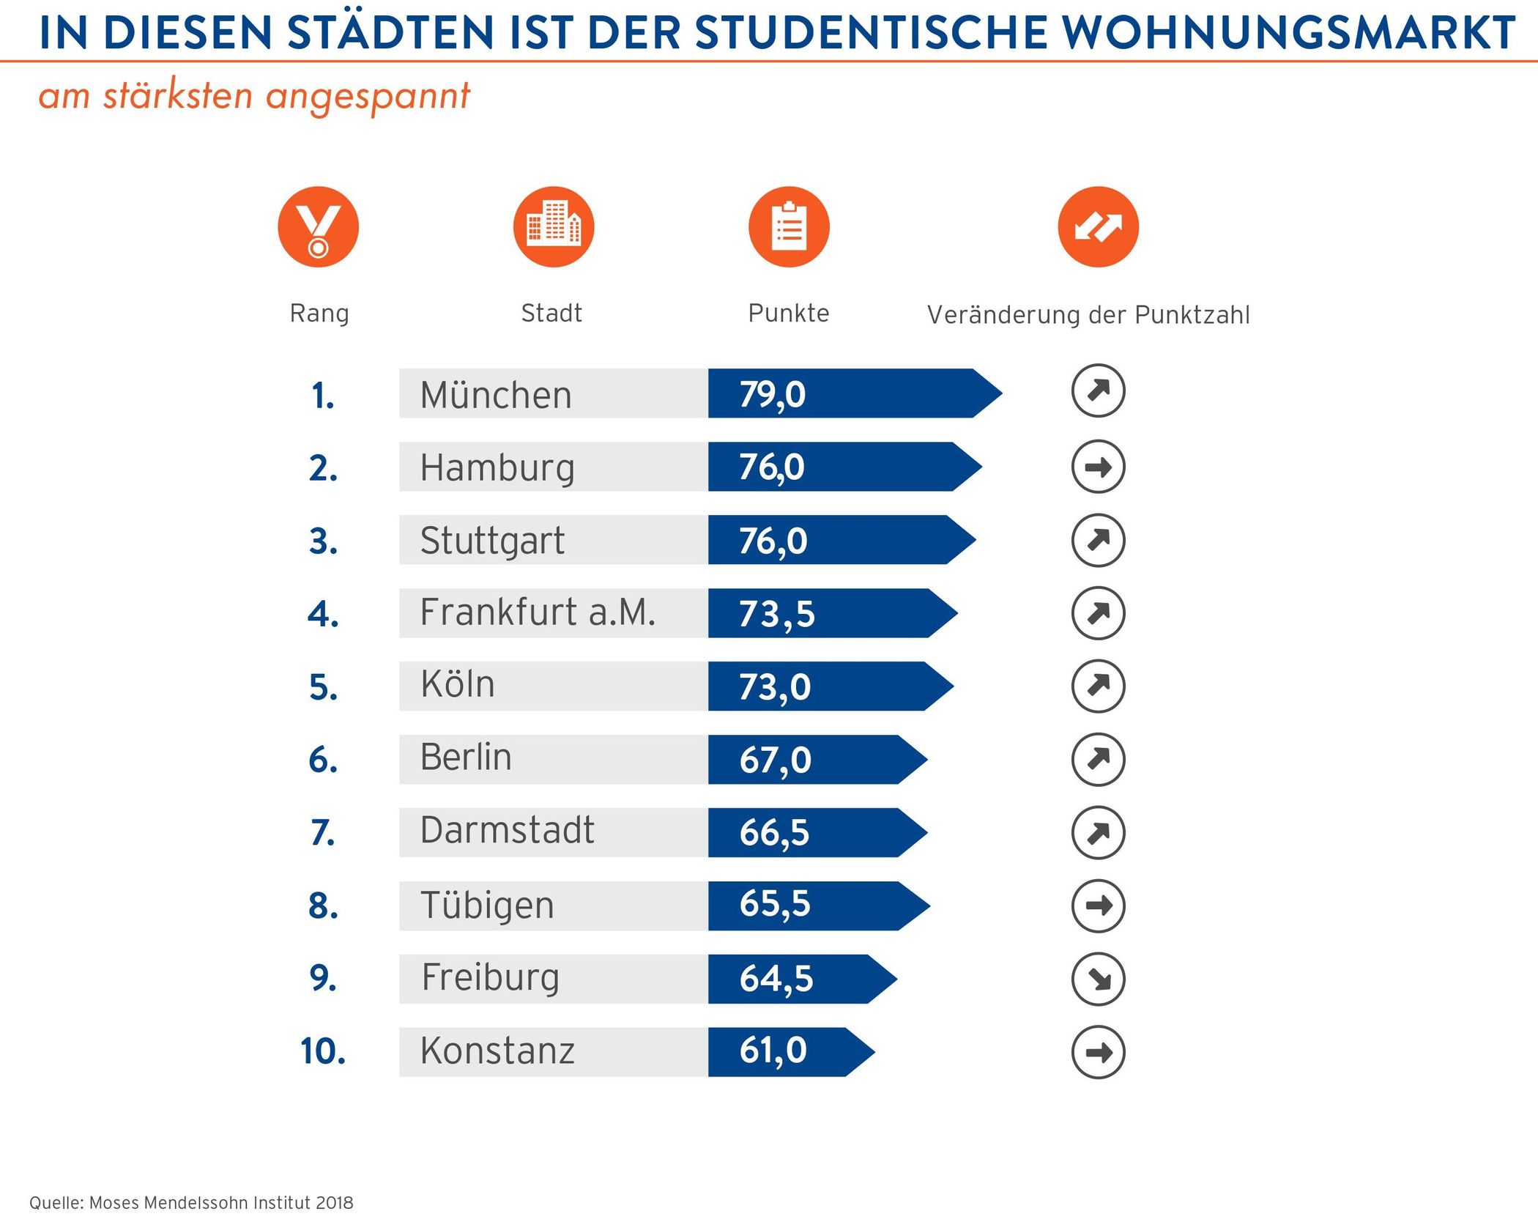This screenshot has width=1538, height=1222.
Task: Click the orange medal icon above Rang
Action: pos(318,226)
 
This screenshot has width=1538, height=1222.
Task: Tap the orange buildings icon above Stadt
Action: pos(554,226)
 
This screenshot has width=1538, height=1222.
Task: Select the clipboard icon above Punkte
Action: pos(789,226)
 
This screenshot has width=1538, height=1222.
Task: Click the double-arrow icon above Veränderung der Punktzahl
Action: pos(1098,226)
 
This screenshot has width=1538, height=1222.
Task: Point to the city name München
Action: pos(496,395)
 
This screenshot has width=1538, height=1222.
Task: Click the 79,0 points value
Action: pos(772,395)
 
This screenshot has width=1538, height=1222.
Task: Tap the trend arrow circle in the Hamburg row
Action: pos(1098,467)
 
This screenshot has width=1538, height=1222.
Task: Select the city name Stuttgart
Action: pos(492,541)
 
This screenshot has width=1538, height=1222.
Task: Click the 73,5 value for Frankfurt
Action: pos(776,614)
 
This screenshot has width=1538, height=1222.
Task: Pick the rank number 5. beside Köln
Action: pos(323,687)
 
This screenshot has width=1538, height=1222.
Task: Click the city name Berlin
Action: pos(466,758)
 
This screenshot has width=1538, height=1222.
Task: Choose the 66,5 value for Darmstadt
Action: pos(774,833)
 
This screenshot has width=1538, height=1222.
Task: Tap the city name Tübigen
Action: pos(487,906)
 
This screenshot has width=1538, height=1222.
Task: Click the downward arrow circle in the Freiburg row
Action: pos(1098,979)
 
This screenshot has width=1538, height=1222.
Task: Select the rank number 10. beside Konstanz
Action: pos(323,1051)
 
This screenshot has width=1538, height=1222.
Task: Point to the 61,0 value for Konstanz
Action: pos(773,1051)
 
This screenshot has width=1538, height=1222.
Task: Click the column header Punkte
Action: pos(788,314)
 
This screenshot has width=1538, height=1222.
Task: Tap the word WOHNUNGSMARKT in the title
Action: pos(1289,33)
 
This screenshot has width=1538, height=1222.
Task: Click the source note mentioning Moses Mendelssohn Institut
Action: pos(191,1203)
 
